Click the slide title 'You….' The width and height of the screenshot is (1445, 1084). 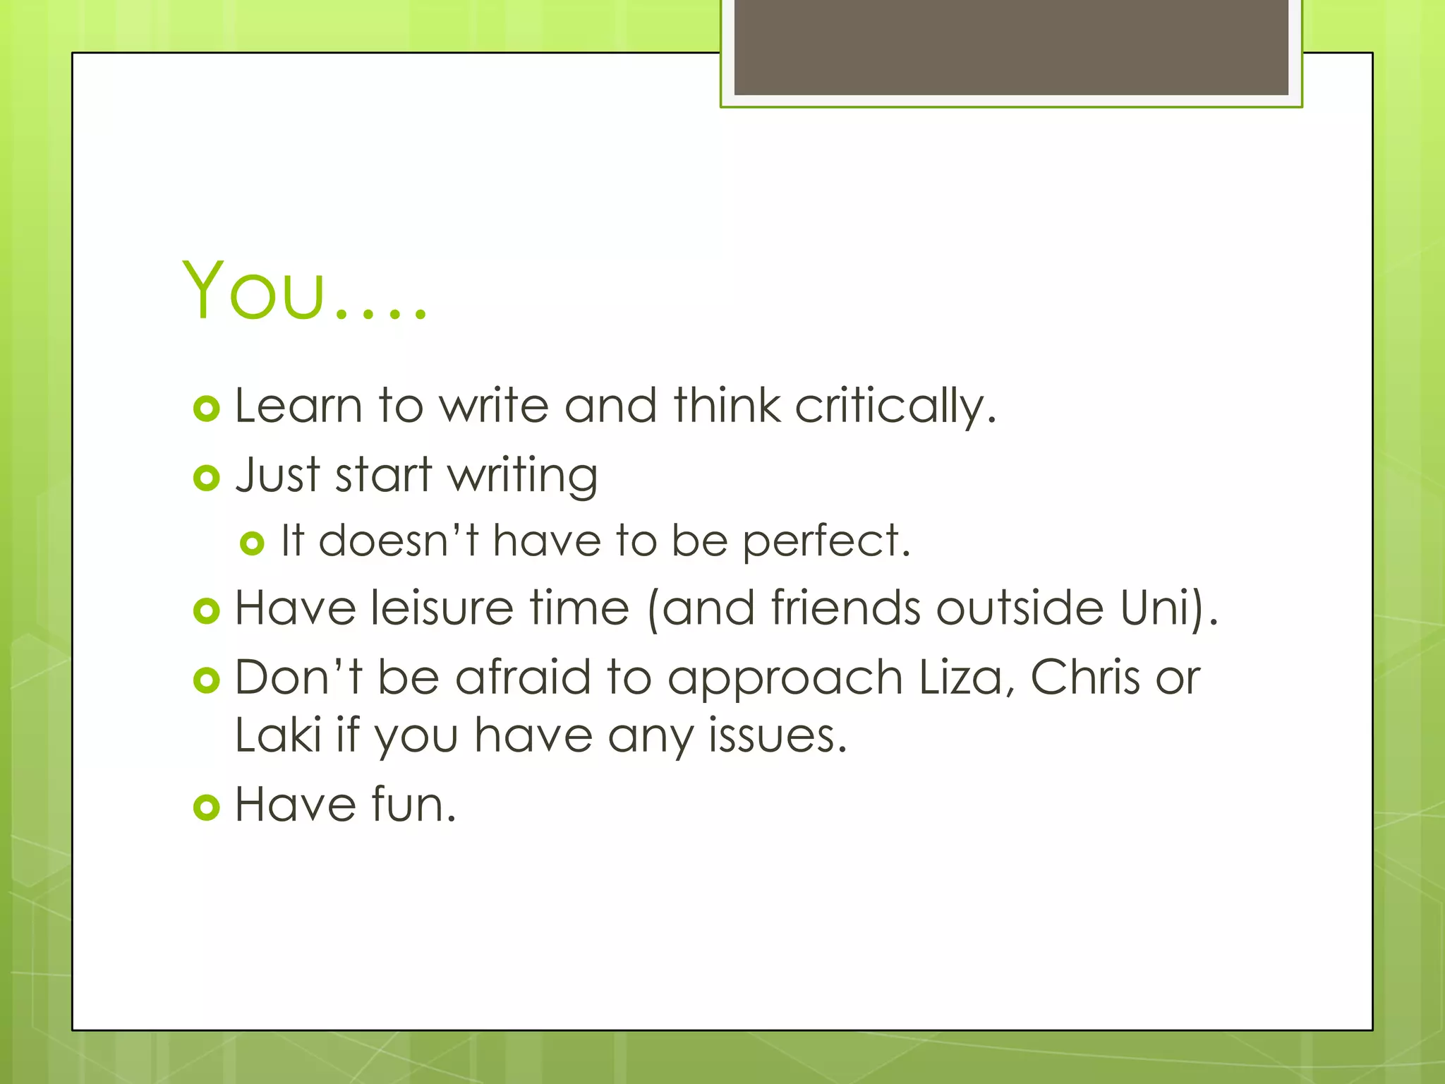click(x=304, y=291)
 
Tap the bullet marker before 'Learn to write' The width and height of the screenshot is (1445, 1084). click(x=207, y=409)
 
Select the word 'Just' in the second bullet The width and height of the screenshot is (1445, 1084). click(x=278, y=474)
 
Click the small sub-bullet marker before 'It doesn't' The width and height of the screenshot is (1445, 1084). click(x=252, y=543)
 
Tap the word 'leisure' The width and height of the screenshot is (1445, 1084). click(x=442, y=608)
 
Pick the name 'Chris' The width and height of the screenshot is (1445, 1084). click(x=1085, y=677)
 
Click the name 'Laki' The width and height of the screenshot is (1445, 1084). click(x=278, y=735)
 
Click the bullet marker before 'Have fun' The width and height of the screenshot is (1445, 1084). click(x=207, y=807)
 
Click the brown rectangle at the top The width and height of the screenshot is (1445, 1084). click(x=1011, y=47)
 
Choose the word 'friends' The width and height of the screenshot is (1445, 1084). click(x=845, y=608)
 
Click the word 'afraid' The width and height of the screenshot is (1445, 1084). click(x=523, y=677)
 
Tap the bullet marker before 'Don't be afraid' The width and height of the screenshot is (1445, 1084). click(x=207, y=680)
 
